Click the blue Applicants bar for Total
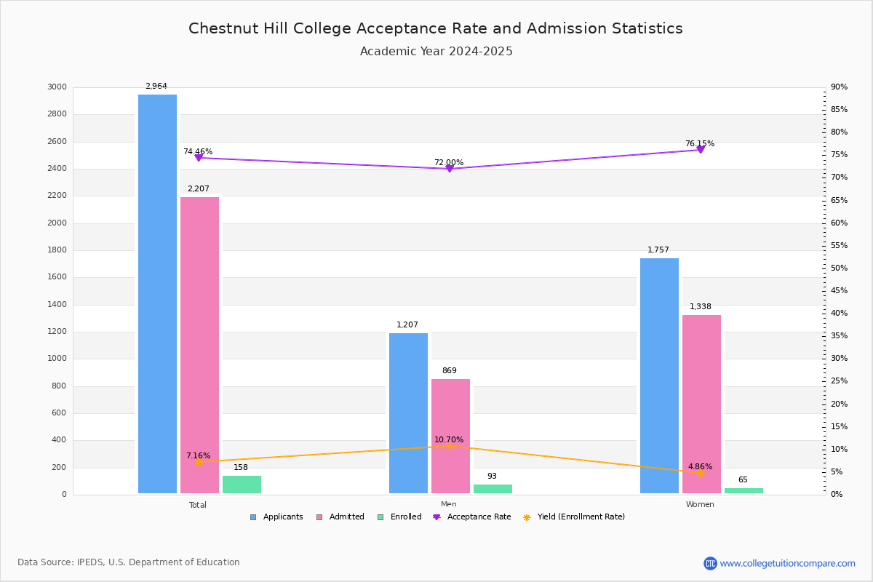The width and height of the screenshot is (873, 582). coord(157,295)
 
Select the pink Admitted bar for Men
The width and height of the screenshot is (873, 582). coord(450,436)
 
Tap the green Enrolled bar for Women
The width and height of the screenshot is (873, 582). coord(744,491)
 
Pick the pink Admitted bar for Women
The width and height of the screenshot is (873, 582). coord(701,404)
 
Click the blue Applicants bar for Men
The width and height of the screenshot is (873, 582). coord(408,413)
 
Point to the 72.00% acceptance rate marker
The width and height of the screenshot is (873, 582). coord(449,169)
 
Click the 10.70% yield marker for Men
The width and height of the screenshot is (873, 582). coord(449,446)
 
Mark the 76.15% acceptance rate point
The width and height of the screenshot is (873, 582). coord(700,150)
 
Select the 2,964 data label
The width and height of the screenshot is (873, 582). coord(156,87)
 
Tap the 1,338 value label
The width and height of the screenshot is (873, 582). coord(701,307)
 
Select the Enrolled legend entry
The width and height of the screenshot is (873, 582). coord(399,517)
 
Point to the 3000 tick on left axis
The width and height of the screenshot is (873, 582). coord(57,87)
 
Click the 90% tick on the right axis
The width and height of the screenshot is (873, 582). coord(839,87)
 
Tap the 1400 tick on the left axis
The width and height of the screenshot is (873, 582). coord(57,305)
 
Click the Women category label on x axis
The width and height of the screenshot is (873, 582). coord(700,505)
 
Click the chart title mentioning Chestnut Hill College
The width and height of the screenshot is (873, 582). coord(436,29)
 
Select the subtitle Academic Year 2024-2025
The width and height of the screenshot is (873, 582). coord(436,52)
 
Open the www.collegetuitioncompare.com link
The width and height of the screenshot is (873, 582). coord(787,563)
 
